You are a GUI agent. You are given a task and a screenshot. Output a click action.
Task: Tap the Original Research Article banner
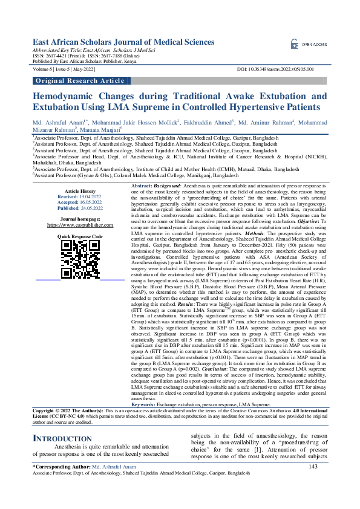tap(79, 80)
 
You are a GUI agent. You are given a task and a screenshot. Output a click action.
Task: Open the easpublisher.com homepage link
tap(80, 224)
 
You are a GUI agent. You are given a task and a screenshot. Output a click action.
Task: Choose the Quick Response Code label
tap(80, 236)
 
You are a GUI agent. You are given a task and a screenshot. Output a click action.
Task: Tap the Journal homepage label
tap(80, 218)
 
